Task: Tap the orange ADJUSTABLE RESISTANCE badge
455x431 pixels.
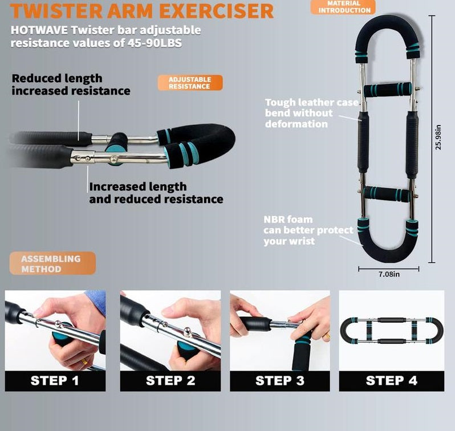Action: click(x=190, y=83)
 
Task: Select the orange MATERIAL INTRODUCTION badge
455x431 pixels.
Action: click(x=344, y=7)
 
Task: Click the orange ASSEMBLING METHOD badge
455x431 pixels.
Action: click(x=51, y=263)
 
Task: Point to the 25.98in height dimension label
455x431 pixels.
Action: click(x=438, y=137)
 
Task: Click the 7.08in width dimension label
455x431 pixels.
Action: click(x=389, y=274)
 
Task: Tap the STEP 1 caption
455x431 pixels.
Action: click(x=55, y=381)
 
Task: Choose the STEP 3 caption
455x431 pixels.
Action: click(x=279, y=381)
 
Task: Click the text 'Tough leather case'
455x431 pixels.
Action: click(x=311, y=103)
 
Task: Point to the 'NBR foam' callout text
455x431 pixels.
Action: click(x=288, y=219)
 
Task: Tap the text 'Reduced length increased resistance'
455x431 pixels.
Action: click(x=71, y=84)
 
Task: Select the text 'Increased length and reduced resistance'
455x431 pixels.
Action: click(x=156, y=193)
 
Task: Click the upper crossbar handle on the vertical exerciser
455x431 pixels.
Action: click(x=388, y=90)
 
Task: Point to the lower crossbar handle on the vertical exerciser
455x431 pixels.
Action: click(x=388, y=194)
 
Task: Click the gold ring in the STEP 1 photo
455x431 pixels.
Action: click(x=83, y=361)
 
